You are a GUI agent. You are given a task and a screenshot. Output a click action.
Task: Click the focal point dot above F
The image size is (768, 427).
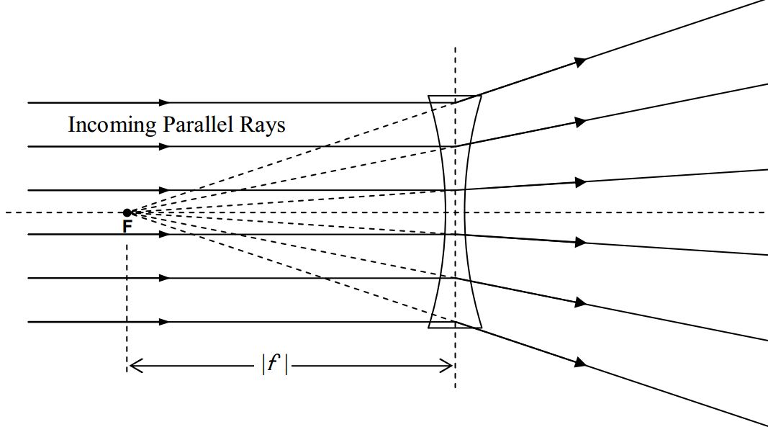127,212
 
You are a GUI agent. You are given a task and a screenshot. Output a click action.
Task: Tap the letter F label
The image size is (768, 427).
127,227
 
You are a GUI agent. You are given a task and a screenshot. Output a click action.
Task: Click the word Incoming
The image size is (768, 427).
112,125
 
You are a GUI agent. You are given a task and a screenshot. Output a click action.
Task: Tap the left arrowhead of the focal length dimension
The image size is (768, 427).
134,367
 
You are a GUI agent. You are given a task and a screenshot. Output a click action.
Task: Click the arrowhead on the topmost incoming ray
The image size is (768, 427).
164,103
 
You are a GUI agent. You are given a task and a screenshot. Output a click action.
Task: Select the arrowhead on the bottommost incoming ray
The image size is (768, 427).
164,322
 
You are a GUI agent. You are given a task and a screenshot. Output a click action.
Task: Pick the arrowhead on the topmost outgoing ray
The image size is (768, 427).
580,62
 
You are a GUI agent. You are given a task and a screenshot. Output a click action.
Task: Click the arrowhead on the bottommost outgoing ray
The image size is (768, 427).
580,361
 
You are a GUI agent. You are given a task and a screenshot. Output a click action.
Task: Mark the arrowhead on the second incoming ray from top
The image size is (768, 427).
164,147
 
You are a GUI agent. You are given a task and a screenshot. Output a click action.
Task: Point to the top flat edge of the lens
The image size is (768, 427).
455,96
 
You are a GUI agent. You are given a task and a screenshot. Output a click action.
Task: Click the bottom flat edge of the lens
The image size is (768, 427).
455,328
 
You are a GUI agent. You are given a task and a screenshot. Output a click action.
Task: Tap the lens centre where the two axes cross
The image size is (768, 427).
455,212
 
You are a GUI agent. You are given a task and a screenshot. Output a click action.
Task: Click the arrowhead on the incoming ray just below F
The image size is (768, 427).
164,235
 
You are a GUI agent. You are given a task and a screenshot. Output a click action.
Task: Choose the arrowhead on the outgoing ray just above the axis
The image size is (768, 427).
580,183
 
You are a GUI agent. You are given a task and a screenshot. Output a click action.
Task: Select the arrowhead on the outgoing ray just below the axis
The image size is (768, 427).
580,243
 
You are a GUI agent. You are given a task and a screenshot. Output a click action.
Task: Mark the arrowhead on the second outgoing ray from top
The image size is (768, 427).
580,121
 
